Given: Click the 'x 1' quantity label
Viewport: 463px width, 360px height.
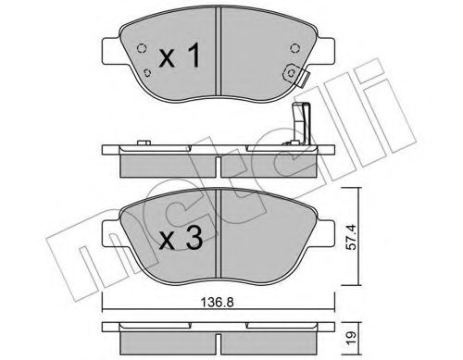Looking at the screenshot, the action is pos(180,56).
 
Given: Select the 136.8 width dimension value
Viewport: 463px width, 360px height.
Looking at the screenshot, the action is pos(218,303).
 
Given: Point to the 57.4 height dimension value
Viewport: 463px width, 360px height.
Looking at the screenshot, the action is pos(351,237).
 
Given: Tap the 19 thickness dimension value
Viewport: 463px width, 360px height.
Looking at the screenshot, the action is pos(352,334).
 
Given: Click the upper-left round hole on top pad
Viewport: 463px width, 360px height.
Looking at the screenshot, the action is pos(142,48).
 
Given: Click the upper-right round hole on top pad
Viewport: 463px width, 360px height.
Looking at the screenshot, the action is pos(294,48).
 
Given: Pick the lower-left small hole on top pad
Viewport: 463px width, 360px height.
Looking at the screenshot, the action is pos(147,73).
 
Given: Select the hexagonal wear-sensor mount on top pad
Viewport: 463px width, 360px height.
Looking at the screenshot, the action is pos(291,73).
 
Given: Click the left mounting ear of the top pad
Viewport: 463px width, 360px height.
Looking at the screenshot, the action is pos(110,51).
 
